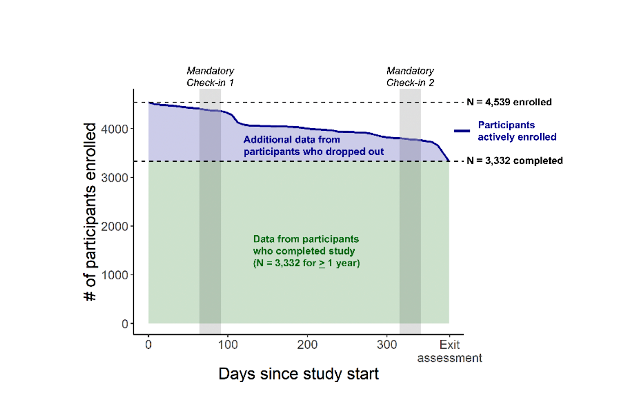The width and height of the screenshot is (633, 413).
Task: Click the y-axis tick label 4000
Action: coord(114,129)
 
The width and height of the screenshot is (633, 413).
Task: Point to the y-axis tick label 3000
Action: coord(114,178)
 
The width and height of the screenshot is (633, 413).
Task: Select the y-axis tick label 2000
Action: coord(114,227)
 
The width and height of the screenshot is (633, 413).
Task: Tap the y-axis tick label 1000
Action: coord(114,275)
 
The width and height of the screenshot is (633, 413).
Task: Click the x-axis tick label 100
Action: coord(228,345)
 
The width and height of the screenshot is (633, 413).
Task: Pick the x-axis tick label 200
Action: coord(307,345)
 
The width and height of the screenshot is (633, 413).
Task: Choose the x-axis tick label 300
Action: coord(387,345)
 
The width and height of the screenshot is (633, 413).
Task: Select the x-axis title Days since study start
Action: coord(298,374)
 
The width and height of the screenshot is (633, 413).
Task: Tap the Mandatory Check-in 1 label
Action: coord(210,76)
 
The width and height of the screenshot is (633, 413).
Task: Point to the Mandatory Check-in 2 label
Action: coord(410,76)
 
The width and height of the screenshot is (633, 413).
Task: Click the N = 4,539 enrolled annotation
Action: coord(509,102)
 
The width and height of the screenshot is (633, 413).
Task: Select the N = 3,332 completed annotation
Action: coord(514,161)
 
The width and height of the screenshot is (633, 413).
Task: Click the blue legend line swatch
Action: coord(462,131)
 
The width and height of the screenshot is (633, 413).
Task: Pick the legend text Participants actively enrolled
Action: coord(517,131)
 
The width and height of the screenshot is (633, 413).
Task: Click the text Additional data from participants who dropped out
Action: coord(313,146)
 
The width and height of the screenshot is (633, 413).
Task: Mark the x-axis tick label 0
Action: coord(148,345)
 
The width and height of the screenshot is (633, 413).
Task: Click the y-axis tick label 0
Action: coord(125,324)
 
